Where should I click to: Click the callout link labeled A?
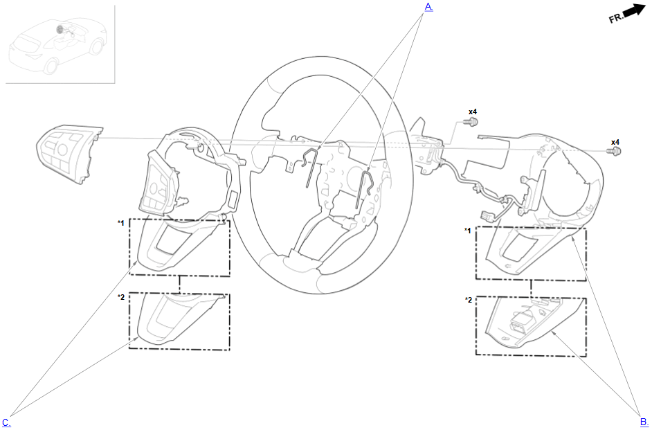428,6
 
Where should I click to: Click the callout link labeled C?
7,422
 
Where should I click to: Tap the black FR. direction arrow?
633,11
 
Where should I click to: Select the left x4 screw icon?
472,122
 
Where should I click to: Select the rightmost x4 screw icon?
615,151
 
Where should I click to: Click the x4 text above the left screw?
473,111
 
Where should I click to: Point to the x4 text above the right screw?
615,142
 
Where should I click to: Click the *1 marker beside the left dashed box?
120,223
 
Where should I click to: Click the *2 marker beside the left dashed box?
120,296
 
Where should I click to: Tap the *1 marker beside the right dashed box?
468,231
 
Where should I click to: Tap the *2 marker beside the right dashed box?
468,300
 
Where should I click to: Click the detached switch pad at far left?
69,153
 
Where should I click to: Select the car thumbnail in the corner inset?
57,46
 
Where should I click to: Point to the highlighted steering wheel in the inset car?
60,28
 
